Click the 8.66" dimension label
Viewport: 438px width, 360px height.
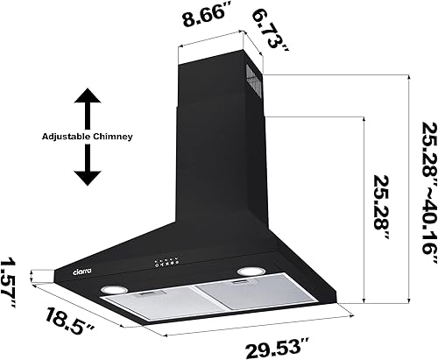click(207, 16)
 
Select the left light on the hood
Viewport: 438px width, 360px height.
click(112, 289)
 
